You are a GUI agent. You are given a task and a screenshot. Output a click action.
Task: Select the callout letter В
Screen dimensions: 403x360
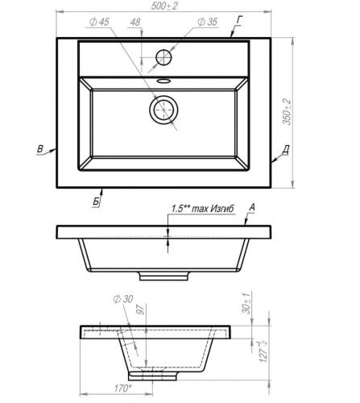pyautogui.click(x=39, y=148)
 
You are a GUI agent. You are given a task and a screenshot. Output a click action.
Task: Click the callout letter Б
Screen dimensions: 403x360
pyautogui.click(x=96, y=201)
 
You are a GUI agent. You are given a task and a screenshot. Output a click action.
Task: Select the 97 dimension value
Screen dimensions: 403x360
pyautogui.click(x=139, y=309)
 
